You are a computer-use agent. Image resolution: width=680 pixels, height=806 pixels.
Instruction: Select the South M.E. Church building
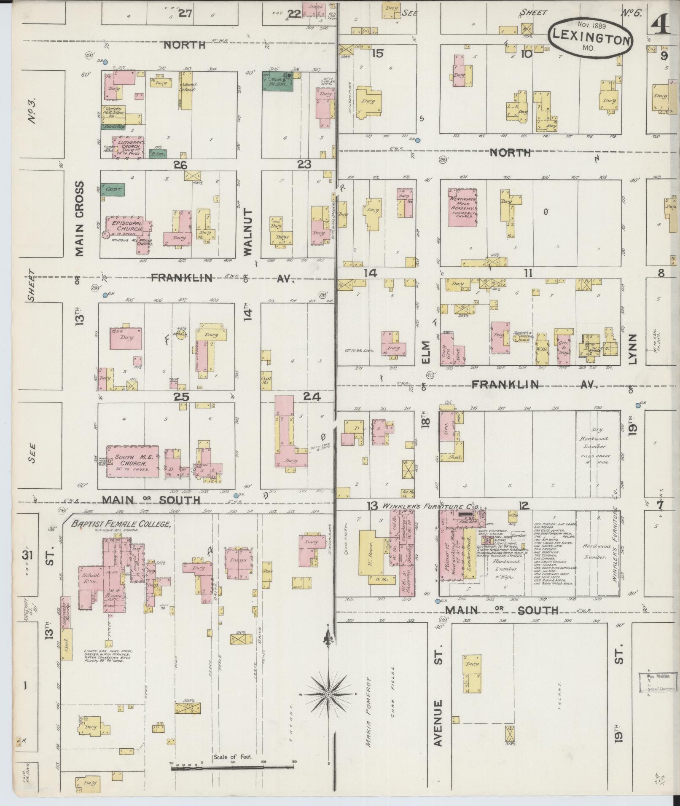point(132,461)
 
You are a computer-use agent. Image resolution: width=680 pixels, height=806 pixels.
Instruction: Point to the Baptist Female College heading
point(121,525)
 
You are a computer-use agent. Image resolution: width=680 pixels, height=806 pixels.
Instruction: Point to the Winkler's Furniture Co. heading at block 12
point(429,506)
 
